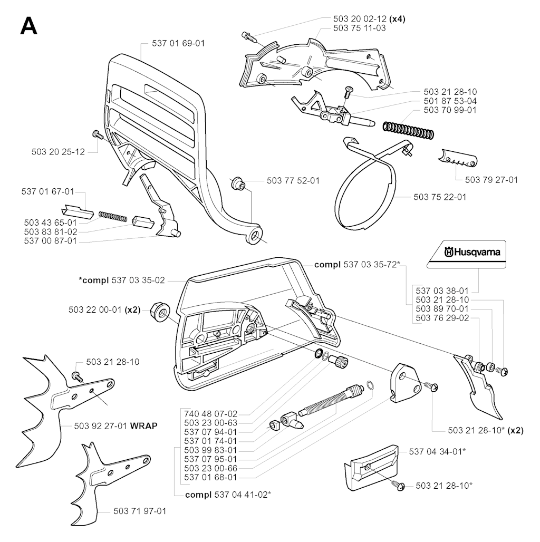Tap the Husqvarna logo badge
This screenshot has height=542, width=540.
(x=466, y=253)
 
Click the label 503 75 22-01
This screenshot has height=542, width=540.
(x=439, y=197)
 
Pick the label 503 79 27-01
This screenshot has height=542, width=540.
(x=491, y=180)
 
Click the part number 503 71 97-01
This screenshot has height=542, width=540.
(x=140, y=511)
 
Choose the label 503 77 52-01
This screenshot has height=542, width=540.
(x=293, y=180)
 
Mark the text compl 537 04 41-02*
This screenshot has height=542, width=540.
(x=228, y=494)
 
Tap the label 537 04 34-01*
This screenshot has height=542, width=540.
(x=437, y=451)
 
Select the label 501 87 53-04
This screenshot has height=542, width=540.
(x=450, y=101)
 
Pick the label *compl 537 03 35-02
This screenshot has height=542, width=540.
(x=122, y=280)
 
